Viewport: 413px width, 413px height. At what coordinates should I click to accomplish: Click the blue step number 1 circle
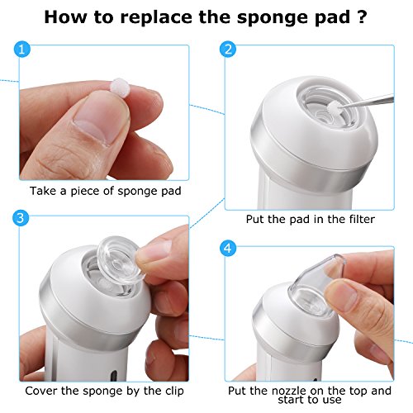point(21,50)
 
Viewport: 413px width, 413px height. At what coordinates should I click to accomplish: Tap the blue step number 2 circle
point(228,50)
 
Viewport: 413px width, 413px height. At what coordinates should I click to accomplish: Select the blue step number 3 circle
point(21,218)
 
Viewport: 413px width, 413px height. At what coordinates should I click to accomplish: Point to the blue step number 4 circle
point(228,249)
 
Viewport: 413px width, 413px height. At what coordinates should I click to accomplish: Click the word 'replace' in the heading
point(156,18)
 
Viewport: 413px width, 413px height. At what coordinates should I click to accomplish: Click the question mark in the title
point(363,17)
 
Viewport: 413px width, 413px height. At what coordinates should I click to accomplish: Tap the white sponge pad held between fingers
point(120,87)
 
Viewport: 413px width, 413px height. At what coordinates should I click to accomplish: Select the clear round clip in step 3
point(120,259)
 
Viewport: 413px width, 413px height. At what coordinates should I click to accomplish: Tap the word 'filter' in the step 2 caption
point(362,219)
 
